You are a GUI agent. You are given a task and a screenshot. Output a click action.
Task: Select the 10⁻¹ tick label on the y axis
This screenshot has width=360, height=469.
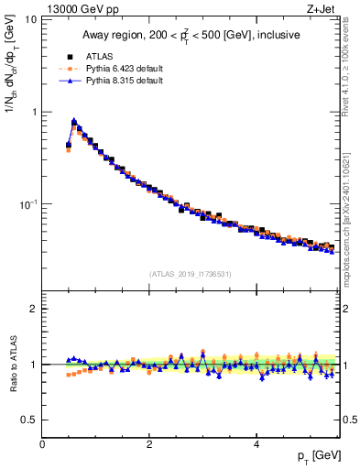coord(27,203)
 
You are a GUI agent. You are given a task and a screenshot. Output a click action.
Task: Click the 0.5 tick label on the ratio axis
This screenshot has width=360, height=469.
coord(29,420)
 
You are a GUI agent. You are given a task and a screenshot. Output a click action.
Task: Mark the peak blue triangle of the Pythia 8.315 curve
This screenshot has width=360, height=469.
coord(74,120)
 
